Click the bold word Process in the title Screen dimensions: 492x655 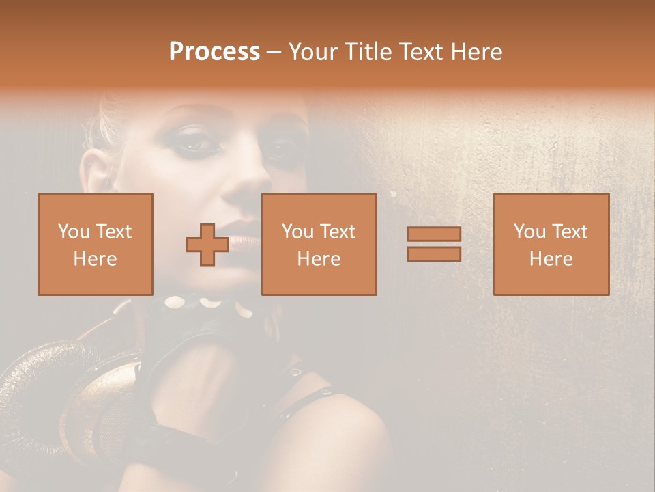click(x=214, y=52)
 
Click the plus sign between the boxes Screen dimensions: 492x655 click(x=207, y=245)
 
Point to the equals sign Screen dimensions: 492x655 click(x=434, y=244)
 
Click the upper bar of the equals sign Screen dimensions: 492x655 click(x=434, y=234)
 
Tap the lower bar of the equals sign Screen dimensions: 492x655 click(x=434, y=254)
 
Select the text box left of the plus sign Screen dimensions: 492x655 click(x=96, y=244)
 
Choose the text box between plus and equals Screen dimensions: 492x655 click(x=319, y=244)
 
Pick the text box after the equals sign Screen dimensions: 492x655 click(x=551, y=244)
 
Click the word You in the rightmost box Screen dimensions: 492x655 click(x=529, y=232)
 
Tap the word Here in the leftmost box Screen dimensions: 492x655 click(x=96, y=259)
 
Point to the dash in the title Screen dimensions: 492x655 click(x=274, y=52)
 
